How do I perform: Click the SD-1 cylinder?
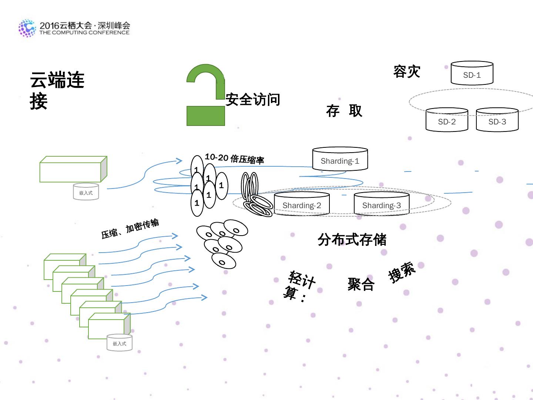pos(472,74)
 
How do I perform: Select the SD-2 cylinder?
pos(447,120)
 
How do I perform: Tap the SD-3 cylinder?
pos(497,120)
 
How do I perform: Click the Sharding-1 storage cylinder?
pos(340,159)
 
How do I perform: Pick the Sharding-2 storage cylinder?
pos(302,203)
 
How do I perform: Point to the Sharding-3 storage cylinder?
pos(381,203)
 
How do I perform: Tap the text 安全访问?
pos(253,100)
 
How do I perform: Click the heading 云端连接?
pos(57,90)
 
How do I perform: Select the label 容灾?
pos(407,71)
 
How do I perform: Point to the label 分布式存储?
pos(352,240)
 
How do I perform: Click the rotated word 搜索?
pos(402,272)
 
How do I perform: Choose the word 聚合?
pos(361,284)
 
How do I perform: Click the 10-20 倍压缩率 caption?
pos(234,159)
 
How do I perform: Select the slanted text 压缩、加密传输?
pos(130,229)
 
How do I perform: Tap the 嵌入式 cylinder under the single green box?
pos(86,192)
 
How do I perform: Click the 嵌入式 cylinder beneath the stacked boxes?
pos(119,343)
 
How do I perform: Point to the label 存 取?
pos(344,111)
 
